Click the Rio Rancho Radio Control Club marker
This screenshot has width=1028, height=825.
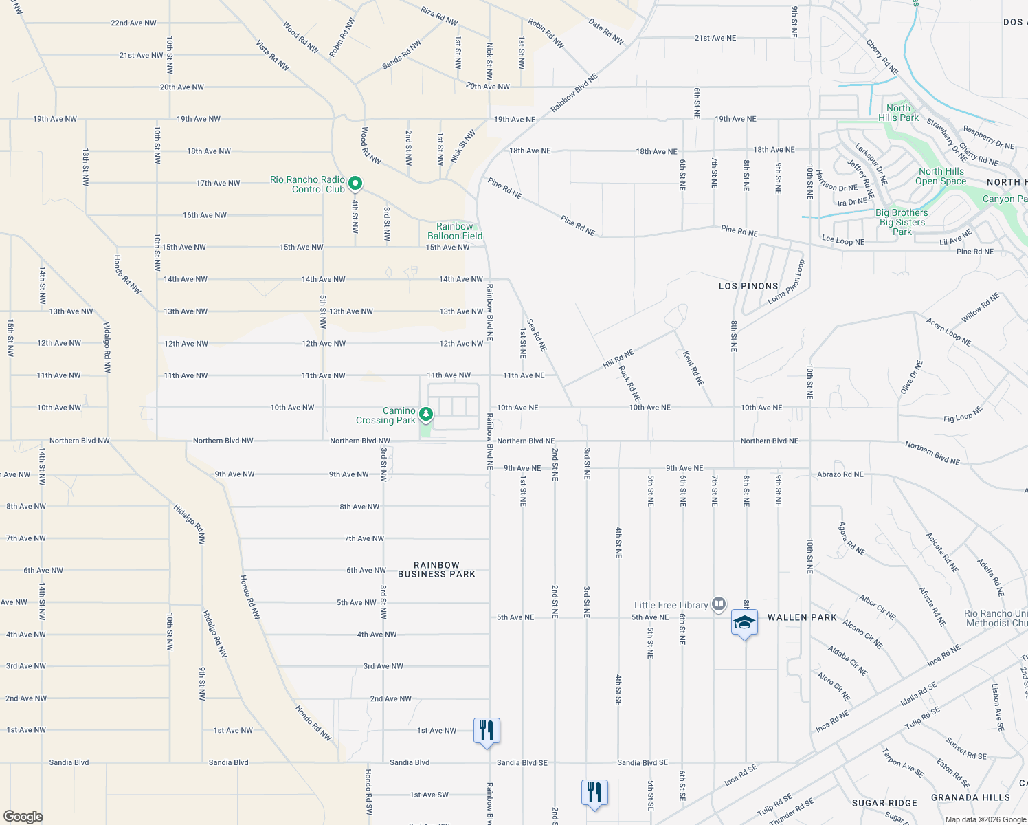click(x=355, y=184)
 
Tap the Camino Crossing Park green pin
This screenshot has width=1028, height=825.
click(x=426, y=415)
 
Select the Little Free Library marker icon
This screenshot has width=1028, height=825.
click(x=719, y=604)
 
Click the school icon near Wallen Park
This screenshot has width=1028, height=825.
click(x=745, y=623)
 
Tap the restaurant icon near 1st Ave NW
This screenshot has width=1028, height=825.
click(x=487, y=731)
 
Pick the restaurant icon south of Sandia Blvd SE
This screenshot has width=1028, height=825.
click(x=594, y=793)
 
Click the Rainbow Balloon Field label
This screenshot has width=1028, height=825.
click(x=455, y=231)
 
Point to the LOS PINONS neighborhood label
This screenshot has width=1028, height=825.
click(x=748, y=286)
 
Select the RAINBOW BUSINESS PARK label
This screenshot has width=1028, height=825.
click(x=436, y=569)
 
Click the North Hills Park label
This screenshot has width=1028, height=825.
click(x=898, y=113)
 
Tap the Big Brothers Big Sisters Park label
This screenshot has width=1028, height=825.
click(x=902, y=222)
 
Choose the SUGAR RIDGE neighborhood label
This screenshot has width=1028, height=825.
click(x=884, y=803)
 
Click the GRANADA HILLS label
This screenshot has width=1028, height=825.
click(x=970, y=797)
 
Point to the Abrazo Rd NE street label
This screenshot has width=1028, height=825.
click(x=840, y=474)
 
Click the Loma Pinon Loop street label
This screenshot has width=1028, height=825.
click(x=786, y=282)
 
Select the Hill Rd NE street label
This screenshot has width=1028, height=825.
click(x=618, y=358)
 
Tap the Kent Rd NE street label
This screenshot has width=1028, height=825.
click(x=693, y=368)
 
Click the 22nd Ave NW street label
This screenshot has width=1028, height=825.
click(x=133, y=23)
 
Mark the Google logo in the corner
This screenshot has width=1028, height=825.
click(x=23, y=817)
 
